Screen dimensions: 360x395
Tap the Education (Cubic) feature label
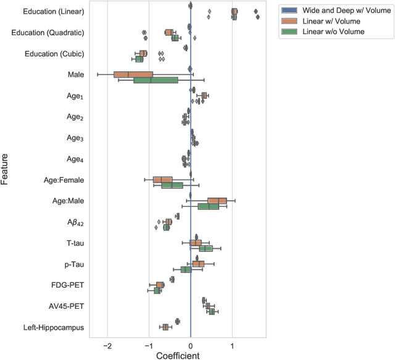54,54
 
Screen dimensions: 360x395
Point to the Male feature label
76,75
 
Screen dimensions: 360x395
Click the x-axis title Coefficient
178,355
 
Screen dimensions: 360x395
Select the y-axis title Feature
6,170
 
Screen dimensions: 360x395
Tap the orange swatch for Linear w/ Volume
288,21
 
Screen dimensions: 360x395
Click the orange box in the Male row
133,75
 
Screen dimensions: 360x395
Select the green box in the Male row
156,80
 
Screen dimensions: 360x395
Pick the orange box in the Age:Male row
217,201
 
